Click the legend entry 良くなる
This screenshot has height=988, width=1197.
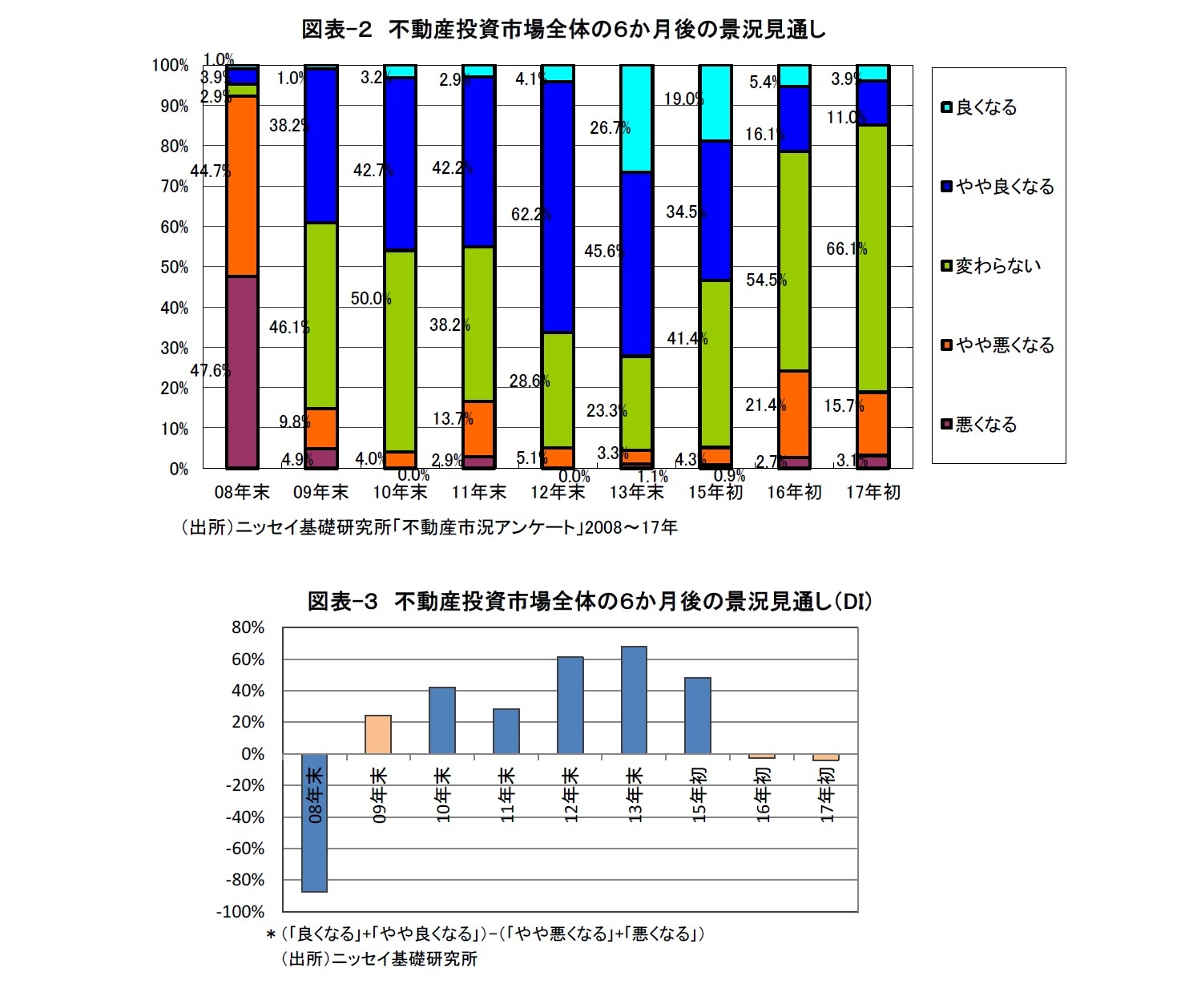click(985, 107)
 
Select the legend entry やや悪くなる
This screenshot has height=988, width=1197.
click(1004, 345)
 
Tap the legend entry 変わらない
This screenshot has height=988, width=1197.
click(997, 266)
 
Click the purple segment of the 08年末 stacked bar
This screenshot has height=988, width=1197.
click(242, 372)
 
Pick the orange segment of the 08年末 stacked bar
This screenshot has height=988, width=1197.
click(242, 186)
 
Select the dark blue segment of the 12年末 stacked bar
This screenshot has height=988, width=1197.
click(558, 207)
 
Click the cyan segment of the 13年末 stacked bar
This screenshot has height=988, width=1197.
click(637, 119)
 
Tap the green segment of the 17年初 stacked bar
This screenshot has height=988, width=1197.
click(873, 258)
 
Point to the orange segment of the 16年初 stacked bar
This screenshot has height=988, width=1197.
click(794, 413)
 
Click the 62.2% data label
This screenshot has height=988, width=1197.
click(530, 215)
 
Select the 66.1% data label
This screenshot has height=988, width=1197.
click(846, 249)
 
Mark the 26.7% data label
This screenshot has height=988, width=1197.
click(610, 128)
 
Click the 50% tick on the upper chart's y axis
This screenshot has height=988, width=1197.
click(174, 267)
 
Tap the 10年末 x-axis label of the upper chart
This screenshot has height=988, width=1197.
click(400, 492)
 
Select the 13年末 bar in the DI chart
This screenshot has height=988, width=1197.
click(634, 700)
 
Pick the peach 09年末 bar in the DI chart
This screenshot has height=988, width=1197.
click(378, 734)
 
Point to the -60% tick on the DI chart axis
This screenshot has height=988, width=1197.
click(248, 849)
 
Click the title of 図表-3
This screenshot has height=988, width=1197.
click(590, 601)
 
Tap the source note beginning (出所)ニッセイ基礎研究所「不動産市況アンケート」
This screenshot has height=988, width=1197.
click(429, 527)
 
